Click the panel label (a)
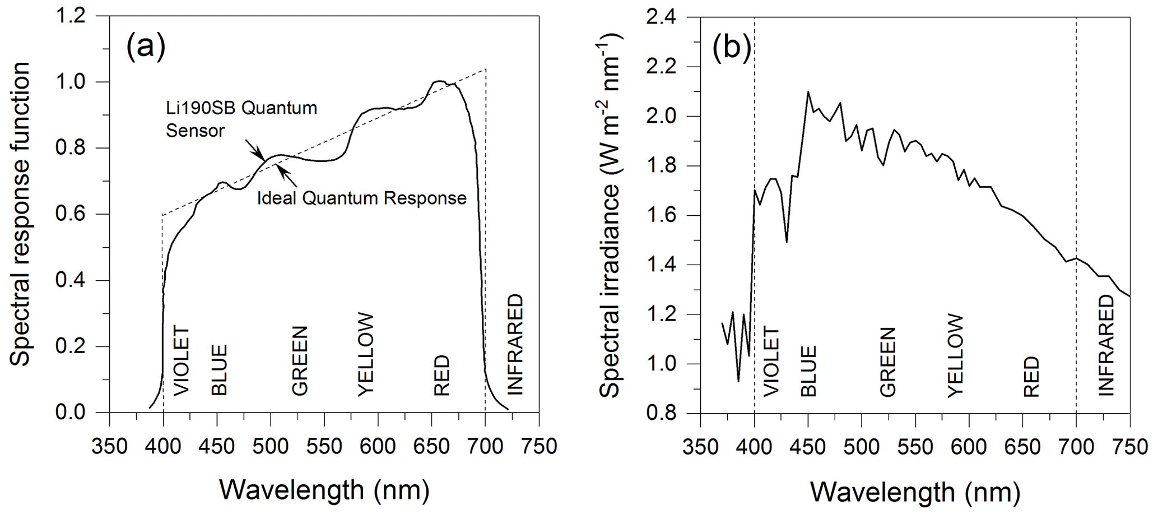pos(146,47)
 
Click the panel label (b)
pos(732,48)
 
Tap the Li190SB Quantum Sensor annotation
pos(241,119)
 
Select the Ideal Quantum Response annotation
pos(361,198)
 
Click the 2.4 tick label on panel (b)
pos(662,18)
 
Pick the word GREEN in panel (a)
pos(300,361)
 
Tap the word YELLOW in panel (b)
pos(955,356)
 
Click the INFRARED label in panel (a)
pos(514,344)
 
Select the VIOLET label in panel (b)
pos(771,362)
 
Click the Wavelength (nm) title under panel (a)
pos(324,489)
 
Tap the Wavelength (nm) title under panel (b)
pos(915,492)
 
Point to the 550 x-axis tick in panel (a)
pos(324,446)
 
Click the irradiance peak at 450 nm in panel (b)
pos(808,91)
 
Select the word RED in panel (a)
pos(442,376)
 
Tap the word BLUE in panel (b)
pos(808,371)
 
